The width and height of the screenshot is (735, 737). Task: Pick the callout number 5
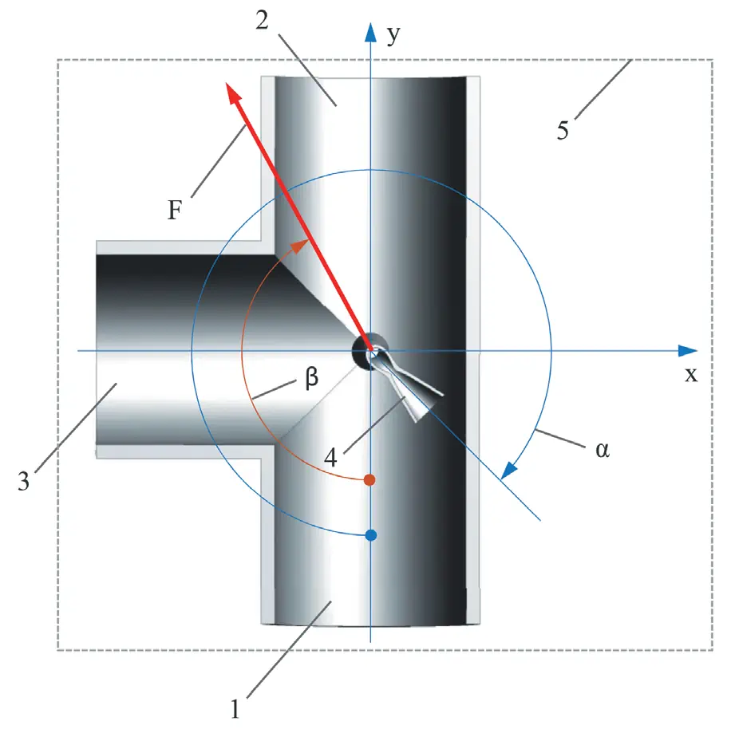click(563, 130)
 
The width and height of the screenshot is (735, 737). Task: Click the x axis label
click(690, 375)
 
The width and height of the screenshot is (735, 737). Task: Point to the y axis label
click(393, 36)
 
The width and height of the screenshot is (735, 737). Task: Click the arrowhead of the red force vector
click(234, 93)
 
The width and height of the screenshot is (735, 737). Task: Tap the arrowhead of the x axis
click(687, 351)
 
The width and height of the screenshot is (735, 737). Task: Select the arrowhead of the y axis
click(370, 32)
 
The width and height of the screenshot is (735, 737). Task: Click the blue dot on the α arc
click(370, 535)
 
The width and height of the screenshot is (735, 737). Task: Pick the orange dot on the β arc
click(369, 480)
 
